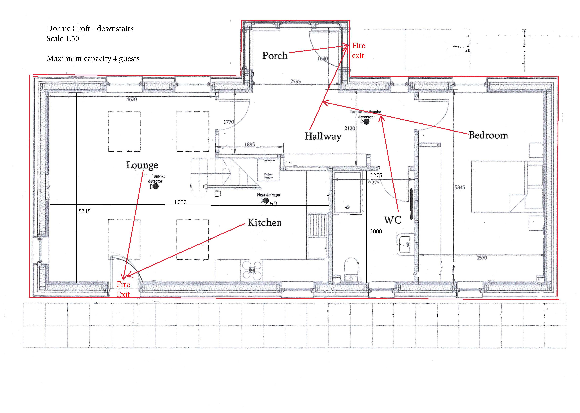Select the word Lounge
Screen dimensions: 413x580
click(142, 165)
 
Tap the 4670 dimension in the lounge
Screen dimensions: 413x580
click(132, 99)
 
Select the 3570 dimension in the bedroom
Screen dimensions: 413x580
click(481, 258)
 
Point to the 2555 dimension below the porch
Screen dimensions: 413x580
click(295, 82)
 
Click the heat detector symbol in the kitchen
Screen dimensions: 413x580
click(266, 201)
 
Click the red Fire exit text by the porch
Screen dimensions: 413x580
click(358, 51)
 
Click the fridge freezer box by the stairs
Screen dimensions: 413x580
click(268, 170)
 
